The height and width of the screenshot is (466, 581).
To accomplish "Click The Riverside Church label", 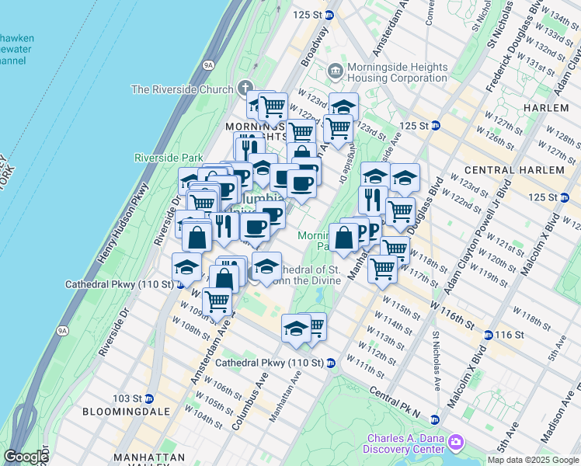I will click(x=183, y=89).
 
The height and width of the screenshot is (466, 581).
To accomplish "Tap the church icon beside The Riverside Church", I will click(x=246, y=89).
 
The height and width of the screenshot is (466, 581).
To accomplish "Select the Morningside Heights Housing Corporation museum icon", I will click(x=335, y=71).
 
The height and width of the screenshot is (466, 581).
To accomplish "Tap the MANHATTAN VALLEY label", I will click(x=148, y=457).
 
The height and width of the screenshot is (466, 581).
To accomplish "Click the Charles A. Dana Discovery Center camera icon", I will click(x=455, y=443).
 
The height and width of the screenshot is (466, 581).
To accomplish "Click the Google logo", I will click(x=26, y=457).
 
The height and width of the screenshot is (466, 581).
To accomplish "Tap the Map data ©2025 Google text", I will click(x=532, y=459).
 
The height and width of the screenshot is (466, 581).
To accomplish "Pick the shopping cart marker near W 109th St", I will click(x=217, y=301).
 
